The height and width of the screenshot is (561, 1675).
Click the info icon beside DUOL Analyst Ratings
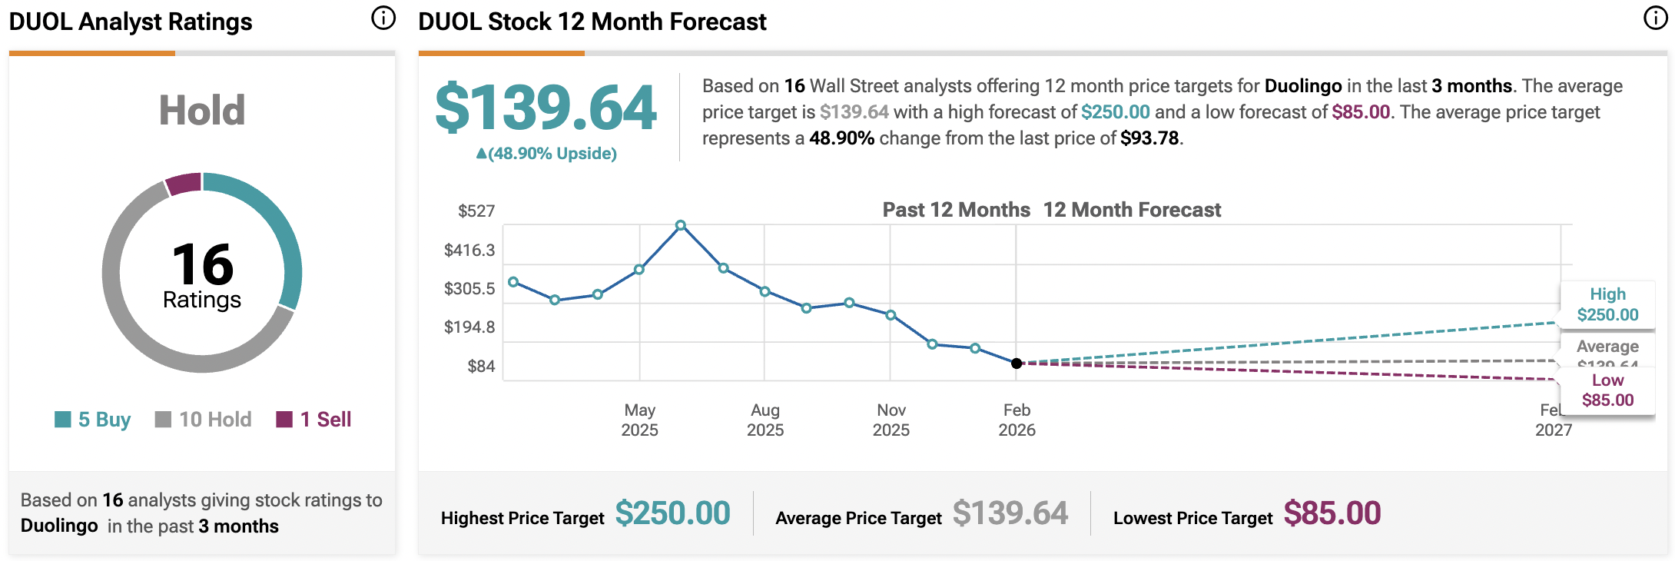coord(383,18)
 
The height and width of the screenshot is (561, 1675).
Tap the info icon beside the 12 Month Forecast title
coord(1655,18)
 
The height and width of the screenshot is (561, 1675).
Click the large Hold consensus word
coord(202,111)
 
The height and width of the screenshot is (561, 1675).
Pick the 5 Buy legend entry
coord(93,420)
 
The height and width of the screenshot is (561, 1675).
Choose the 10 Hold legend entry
coord(204,420)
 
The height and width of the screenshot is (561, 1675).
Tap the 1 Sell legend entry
coord(314,420)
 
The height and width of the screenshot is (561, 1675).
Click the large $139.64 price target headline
coord(546,108)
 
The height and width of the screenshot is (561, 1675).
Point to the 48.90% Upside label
coord(546,154)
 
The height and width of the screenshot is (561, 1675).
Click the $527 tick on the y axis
coord(476,211)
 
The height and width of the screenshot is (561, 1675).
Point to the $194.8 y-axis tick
coord(469,327)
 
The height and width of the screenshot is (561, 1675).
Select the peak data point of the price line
coord(681,225)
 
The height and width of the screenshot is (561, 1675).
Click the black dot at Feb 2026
coord(1017,363)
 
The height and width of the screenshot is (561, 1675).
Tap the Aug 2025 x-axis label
coord(765,420)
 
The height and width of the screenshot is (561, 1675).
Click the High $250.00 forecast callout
coord(1607,304)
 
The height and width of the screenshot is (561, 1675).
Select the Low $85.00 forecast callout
coord(1607,390)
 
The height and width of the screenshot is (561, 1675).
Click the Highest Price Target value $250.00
coord(672,513)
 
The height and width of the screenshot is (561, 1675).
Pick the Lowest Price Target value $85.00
coord(1332,513)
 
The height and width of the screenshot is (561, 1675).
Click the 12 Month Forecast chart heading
coord(1132,210)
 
